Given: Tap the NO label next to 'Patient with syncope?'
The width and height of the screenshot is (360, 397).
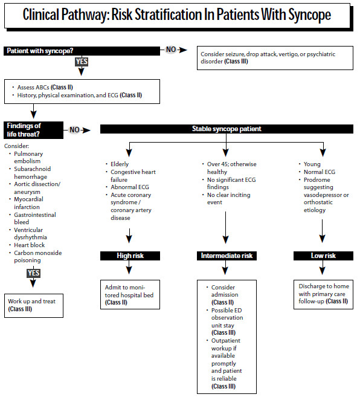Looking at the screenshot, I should (172, 49).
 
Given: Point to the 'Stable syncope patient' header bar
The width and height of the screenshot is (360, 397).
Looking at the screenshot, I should (226, 129).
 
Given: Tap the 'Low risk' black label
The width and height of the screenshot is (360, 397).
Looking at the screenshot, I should (323, 256).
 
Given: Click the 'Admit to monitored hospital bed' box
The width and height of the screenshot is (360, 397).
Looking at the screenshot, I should (130, 292).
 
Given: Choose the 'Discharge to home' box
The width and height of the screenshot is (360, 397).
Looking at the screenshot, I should (323, 292).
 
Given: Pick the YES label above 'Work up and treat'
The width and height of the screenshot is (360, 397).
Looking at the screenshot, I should (33, 274).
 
